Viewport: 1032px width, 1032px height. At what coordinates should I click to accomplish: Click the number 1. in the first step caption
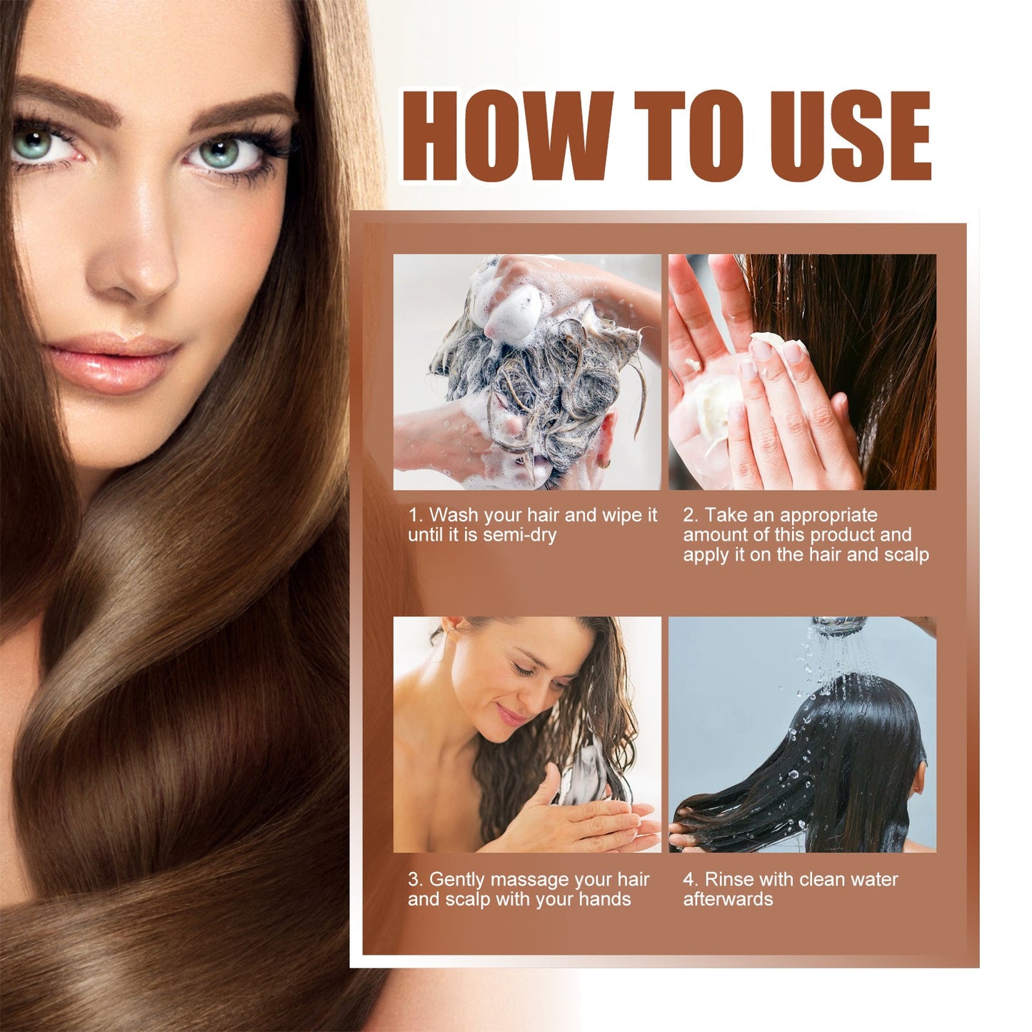click(415, 515)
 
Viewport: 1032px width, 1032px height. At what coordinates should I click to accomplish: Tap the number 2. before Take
click(691, 515)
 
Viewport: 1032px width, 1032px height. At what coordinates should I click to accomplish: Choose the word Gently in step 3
click(458, 879)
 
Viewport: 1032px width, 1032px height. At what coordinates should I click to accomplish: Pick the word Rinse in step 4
click(730, 879)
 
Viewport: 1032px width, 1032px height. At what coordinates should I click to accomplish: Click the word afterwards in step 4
click(728, 899)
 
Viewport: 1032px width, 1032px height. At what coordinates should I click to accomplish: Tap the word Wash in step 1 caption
click(454, 515)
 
